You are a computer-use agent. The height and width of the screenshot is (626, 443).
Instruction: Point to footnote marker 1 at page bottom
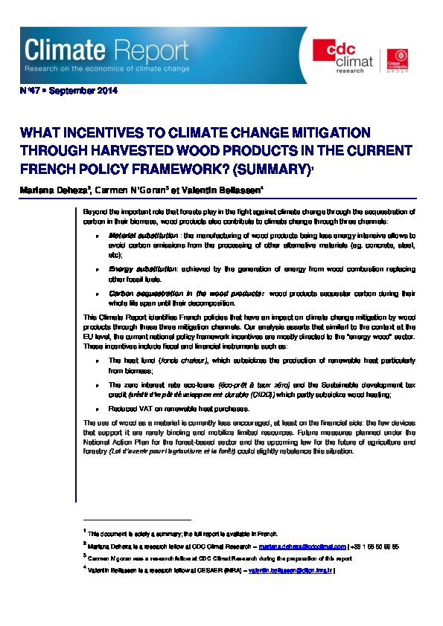[85, 531]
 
